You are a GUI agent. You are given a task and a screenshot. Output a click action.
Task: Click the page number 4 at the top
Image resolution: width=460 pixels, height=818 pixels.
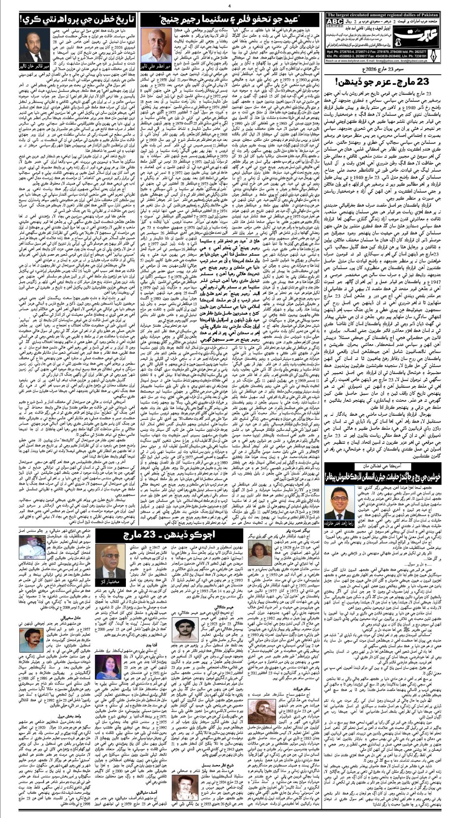click(x=229, y=6)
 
